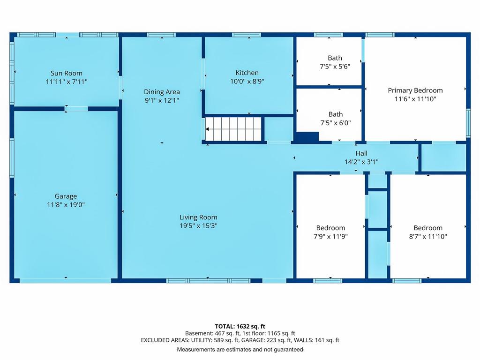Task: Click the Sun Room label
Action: pyautogui.click(x=67, y=73)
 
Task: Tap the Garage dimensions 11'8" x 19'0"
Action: pyautogui.click(x=66, y=205)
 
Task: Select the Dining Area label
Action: pyautogui.click(x=162, y=92)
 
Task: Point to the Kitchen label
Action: pyautogui.click(x=247, y=73)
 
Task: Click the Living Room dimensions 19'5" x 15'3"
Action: pyautogui.click(x=198, y=226)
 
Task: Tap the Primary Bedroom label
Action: pyautogui.click(x=415, y=90)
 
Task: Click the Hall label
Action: pyautogui.click(x=361, y=153)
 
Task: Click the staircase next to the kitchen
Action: pyautogui.click(x=233, y=129)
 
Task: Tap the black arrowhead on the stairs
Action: pyautogui.click(x=207, y=129)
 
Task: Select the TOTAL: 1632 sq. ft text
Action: pyautogui.click(x=240, y=326)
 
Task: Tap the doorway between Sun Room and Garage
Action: pyautogui.click(x=76, y=109)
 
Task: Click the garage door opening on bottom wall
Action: pyautogui.click(x=66, y=280)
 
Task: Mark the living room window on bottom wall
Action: pyautogui.click(x=209, y=281)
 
